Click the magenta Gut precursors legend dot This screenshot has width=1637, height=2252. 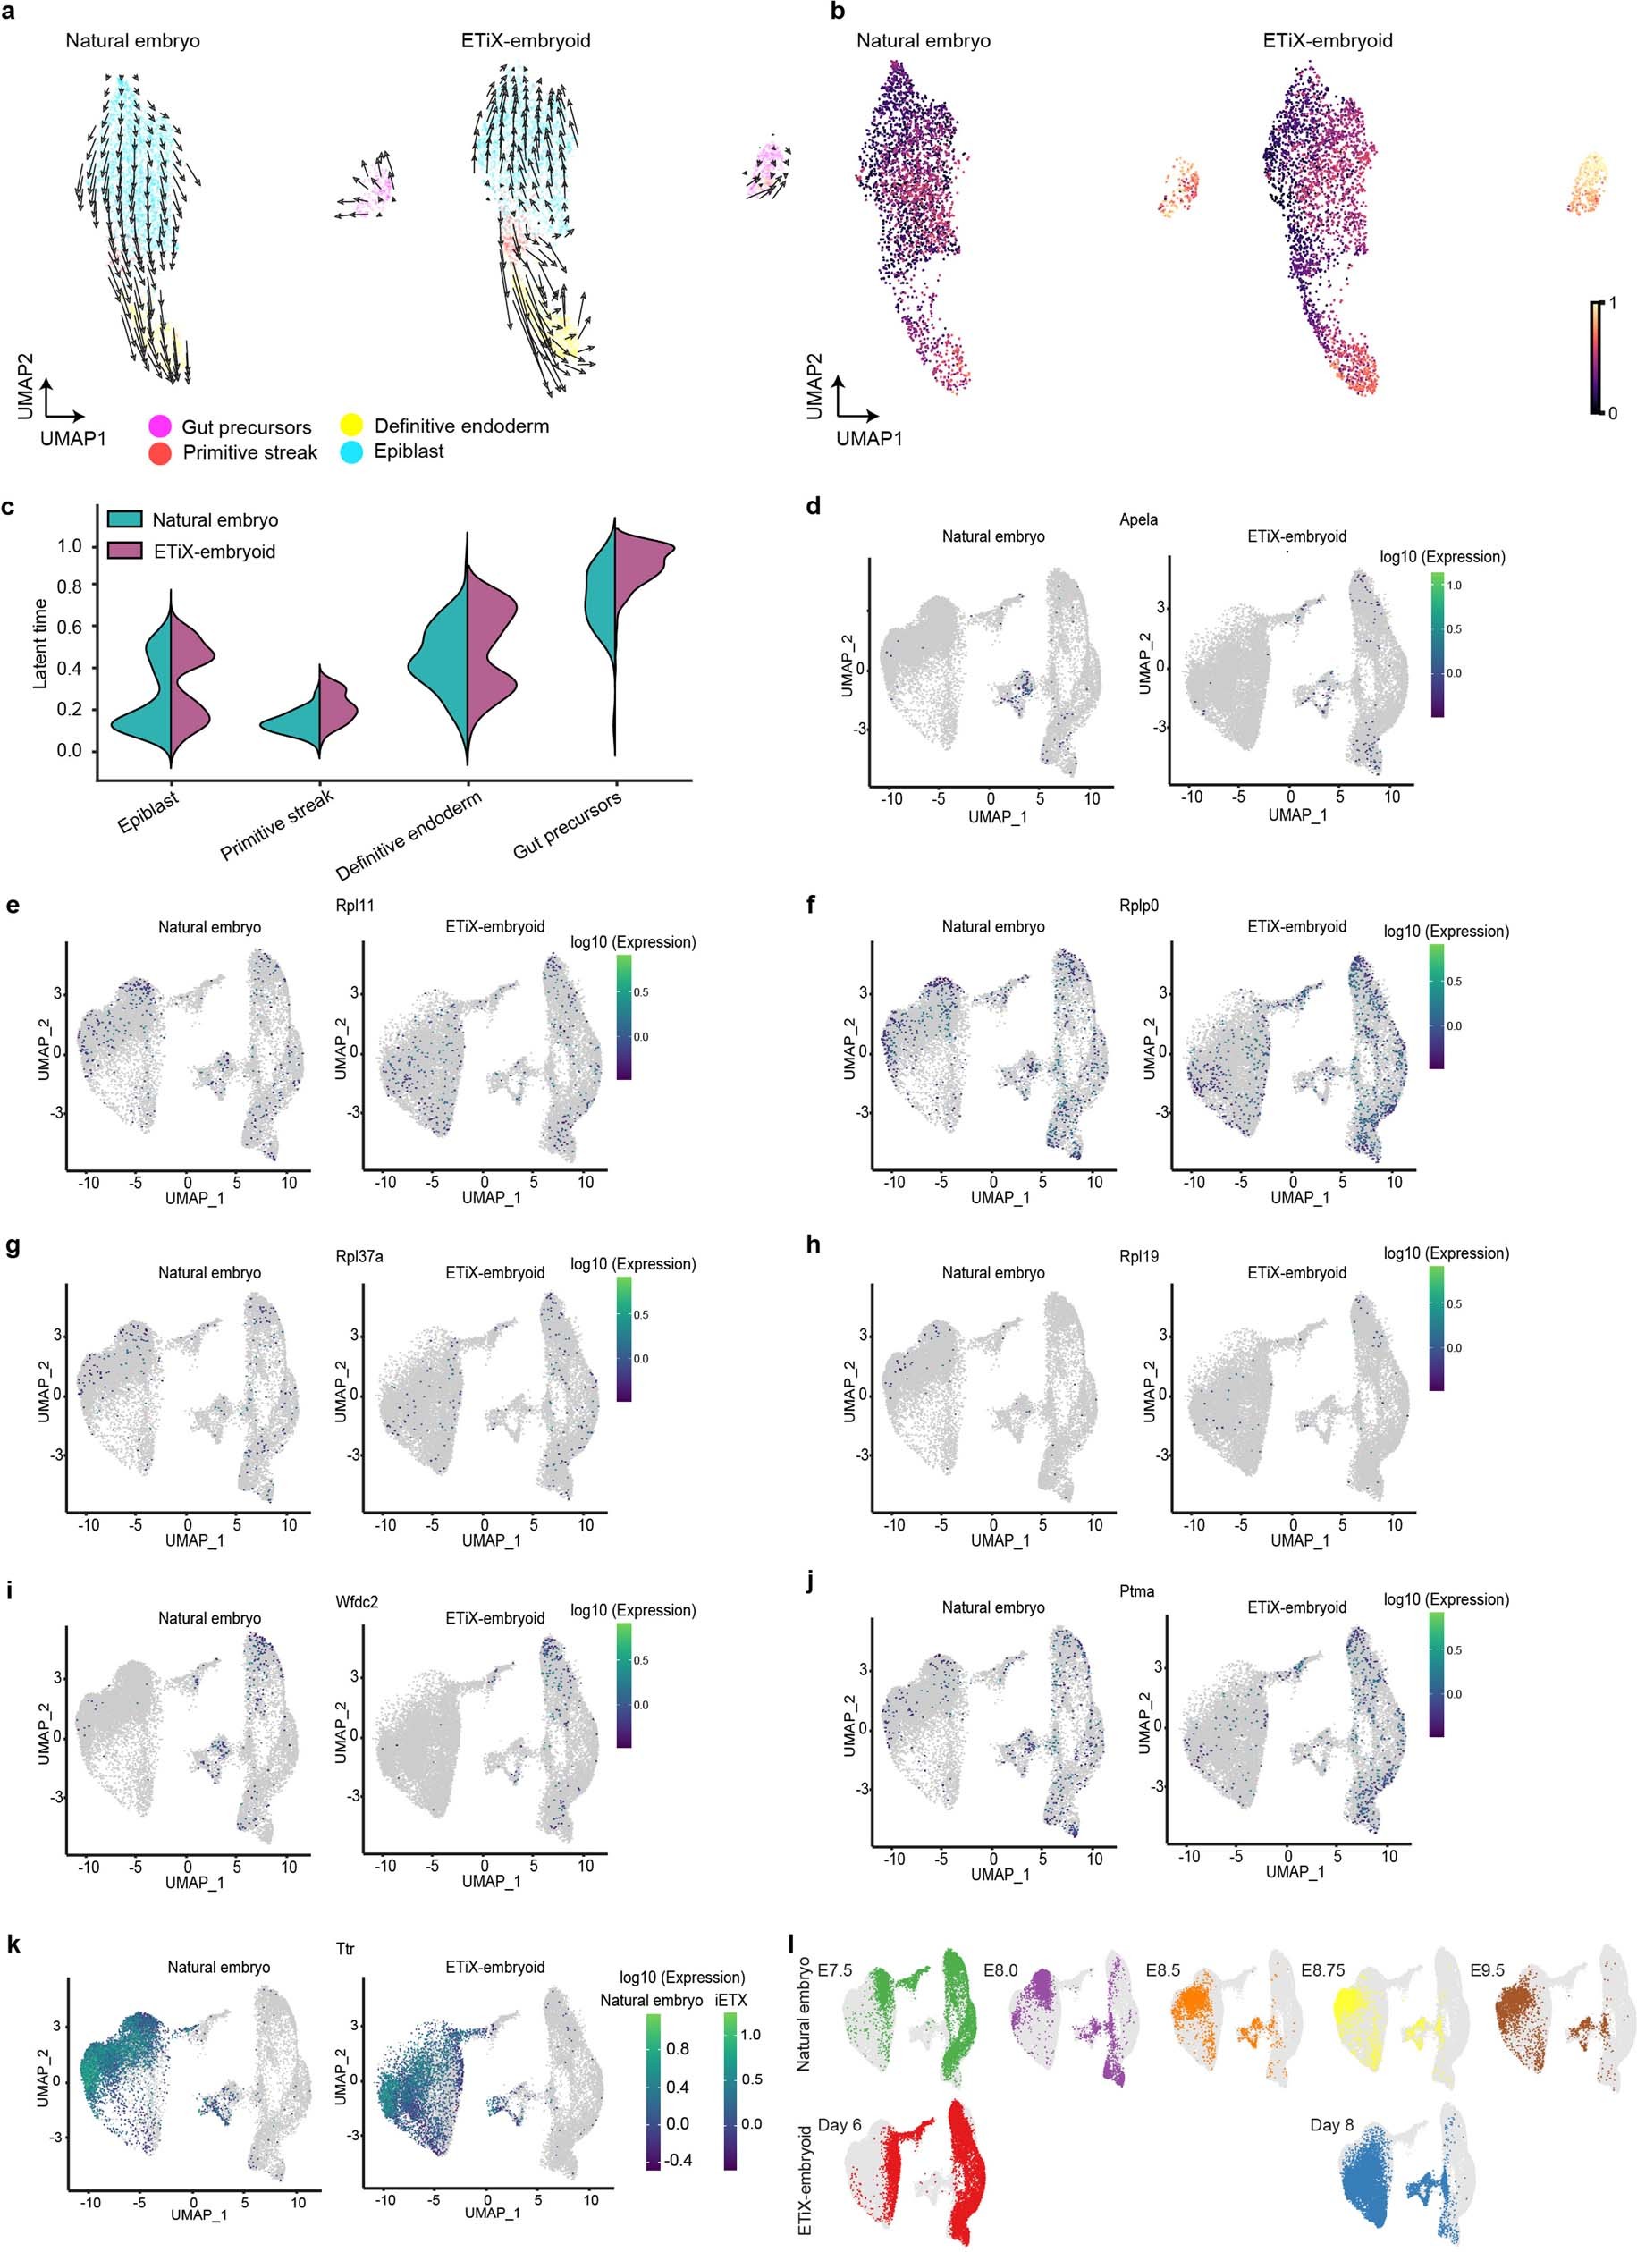[160, 427]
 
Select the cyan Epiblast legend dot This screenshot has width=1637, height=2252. [351, 451]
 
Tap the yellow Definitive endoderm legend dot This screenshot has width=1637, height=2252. [351, 426]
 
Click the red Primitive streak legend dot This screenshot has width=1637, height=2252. [160, 452]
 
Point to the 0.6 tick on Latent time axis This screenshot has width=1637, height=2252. [70, 627]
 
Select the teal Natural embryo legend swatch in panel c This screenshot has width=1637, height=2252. [125, 519]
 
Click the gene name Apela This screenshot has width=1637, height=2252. [1137, 519]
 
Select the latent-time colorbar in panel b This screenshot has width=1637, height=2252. [1594, 357]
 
